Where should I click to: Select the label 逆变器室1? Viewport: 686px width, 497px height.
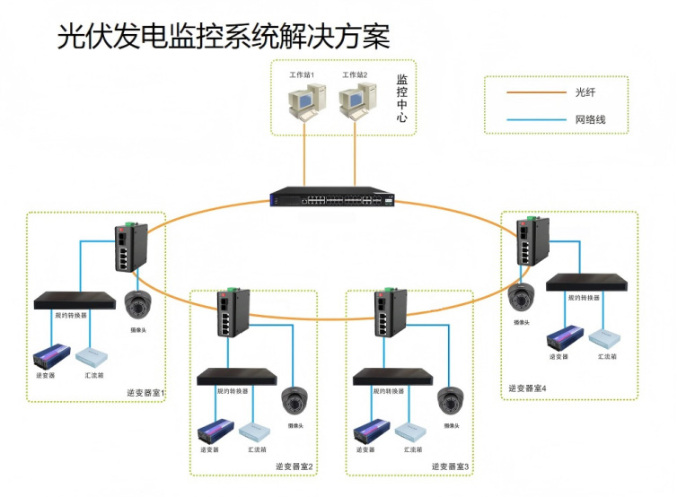[x=146, y=392]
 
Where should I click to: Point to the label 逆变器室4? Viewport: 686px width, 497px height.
[x=527, y=388]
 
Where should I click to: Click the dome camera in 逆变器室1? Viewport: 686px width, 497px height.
[x=137, y=305]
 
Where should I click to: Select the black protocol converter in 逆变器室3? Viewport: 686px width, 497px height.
[x=388, y=377]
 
